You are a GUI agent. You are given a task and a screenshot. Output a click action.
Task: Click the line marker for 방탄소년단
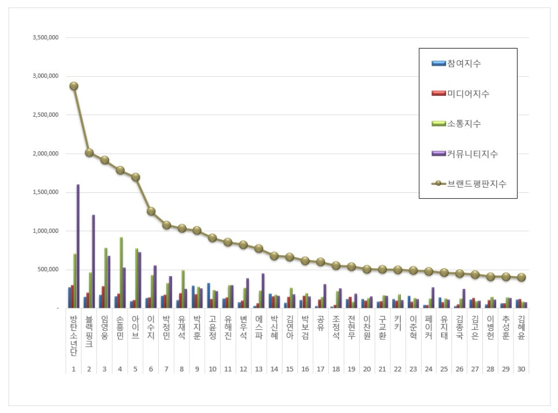tap(73, 86)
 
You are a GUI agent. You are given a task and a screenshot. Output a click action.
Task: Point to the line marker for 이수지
tap(151, 211)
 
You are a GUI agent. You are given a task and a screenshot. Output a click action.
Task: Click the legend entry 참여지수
tap(464, 64)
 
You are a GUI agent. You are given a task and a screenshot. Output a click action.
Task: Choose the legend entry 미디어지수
tap(468, 94)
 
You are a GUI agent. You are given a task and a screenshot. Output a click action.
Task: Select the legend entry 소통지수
tap(464, 124)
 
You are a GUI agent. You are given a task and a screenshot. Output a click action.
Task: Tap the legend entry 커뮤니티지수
tap(472, 154)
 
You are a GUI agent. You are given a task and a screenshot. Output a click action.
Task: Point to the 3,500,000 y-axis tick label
tap(46, 38)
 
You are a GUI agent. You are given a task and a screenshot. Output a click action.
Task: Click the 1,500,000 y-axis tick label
tap(46, 192)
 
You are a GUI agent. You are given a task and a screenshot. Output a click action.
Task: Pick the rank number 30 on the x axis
tap(521, 368)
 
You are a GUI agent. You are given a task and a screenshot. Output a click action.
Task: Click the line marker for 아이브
tap(135, 177)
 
